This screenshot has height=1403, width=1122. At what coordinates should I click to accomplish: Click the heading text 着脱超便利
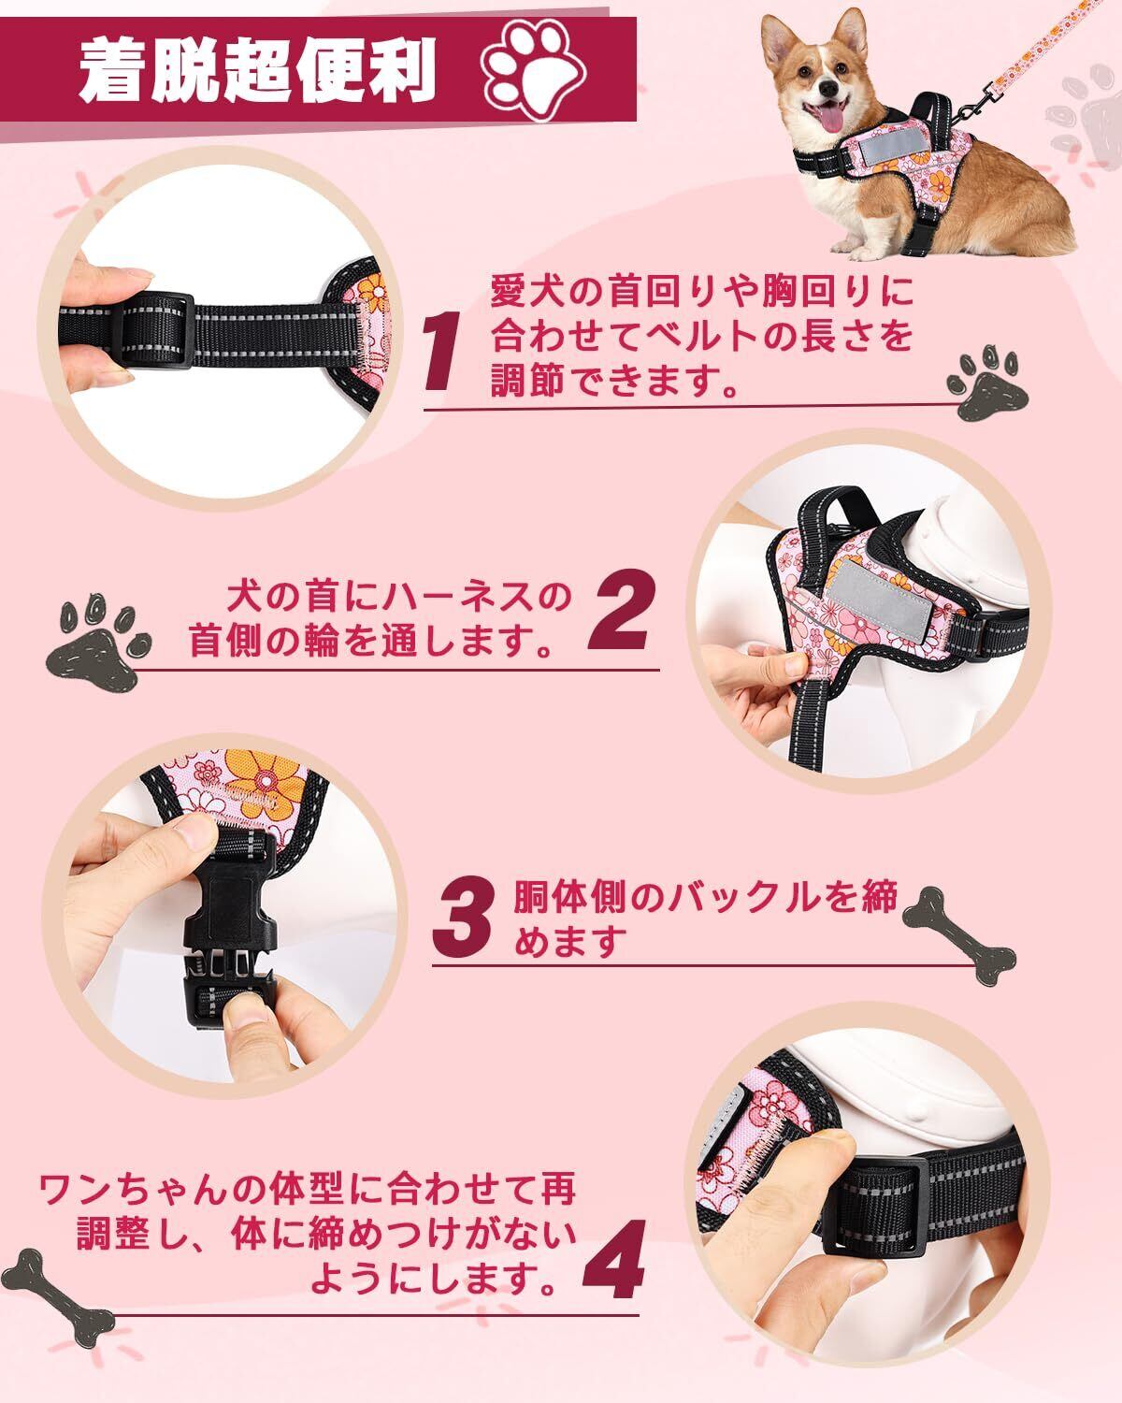[x=258, y=71]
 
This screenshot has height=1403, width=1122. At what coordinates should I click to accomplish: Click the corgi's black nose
[x=828, y=87]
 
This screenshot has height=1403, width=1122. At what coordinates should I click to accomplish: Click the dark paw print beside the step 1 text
[x=986, y=384]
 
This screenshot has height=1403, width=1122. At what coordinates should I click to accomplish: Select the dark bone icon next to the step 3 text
[x=958, y=934]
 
